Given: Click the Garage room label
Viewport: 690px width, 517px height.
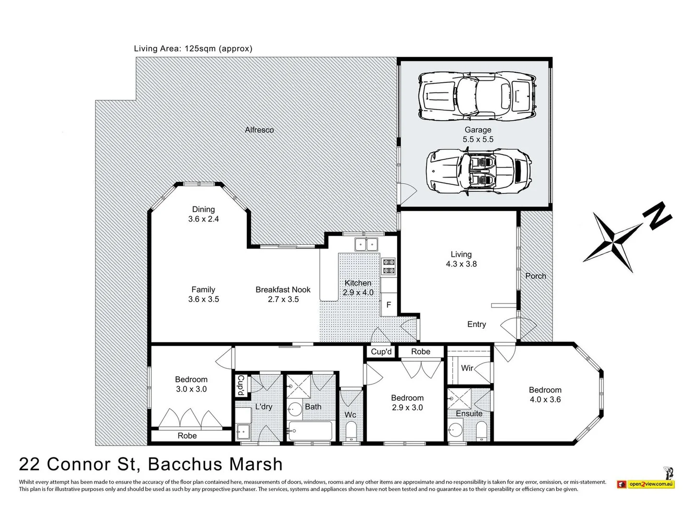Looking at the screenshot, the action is point(478,130).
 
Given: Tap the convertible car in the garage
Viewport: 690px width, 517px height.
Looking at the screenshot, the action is point(478,172).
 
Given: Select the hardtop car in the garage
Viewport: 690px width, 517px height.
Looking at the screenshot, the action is point(477,96).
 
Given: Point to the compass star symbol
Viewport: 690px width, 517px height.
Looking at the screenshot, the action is point(612,242).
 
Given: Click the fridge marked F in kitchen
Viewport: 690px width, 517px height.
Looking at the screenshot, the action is point(389,304).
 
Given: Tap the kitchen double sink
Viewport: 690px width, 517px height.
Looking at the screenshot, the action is point(366,244).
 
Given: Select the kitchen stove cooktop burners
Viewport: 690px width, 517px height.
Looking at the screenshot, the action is point(388,267).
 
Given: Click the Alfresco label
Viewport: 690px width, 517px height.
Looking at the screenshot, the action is point(259,130).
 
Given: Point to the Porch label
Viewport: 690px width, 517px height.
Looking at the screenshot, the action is point(536,276).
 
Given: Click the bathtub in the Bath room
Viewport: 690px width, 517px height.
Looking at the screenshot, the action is point(310,431).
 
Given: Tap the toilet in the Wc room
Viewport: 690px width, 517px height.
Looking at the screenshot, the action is point(351,431).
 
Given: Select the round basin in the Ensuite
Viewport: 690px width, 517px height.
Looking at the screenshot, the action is point(455,429).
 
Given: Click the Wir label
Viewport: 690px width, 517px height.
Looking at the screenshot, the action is point(467,368).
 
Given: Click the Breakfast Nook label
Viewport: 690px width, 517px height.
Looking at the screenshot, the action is point(283,290).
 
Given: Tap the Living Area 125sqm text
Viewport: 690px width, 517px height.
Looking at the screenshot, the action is point(193,49).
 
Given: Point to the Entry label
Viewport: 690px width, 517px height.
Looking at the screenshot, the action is point(477,324).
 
